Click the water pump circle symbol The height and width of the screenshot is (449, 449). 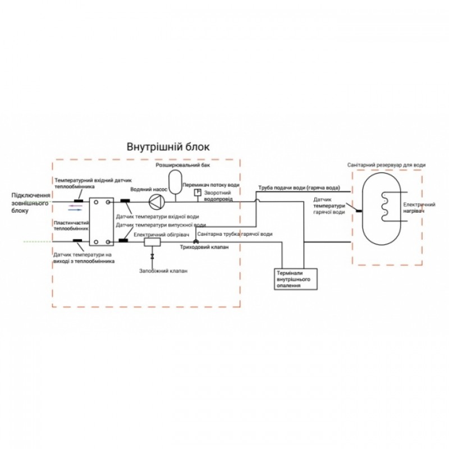pyautogui.click(x=155, y=200)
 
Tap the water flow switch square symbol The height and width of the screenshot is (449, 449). pyautogui.click(x=198, y=193)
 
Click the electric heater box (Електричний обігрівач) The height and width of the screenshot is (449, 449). pyautogui.click(x=152, y=242)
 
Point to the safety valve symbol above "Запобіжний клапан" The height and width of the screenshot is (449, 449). pyautogui.click(x=152, y=256)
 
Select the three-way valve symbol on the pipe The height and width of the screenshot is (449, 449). pyautogui.click(x=196, y=242)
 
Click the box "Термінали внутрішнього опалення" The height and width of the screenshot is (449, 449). pyautogui.click(x=294, y=278)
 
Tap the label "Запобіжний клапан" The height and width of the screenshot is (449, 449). pyautogui.click(x=163, y=271)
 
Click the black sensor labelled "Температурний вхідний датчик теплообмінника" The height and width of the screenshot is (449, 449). pyautogui.click(x=78, y=200)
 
